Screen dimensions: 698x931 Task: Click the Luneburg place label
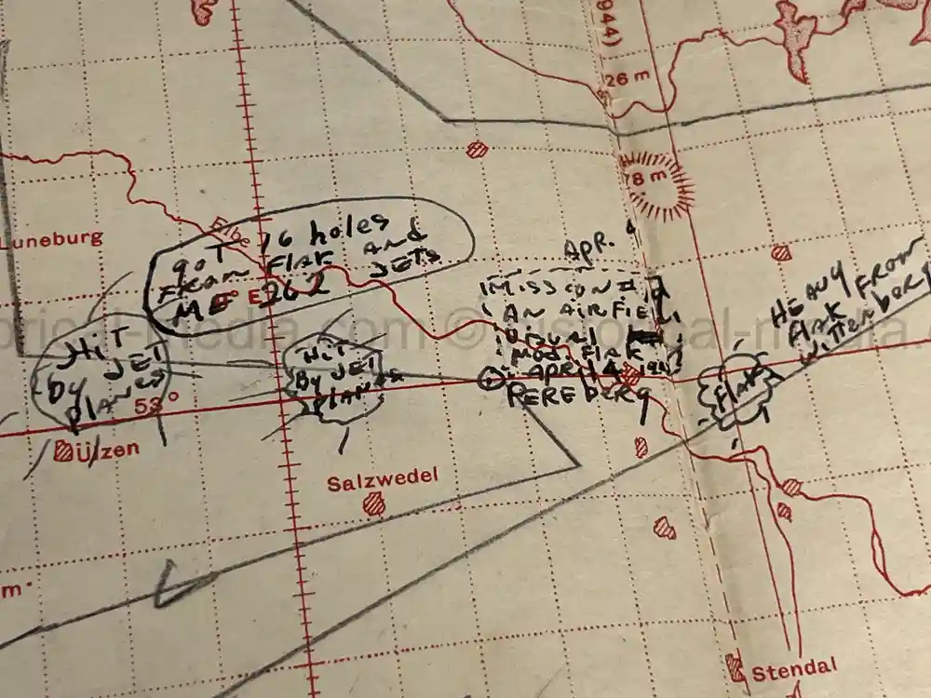point(52,238)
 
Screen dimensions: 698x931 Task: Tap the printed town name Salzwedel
point(382,482)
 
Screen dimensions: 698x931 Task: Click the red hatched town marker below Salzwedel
point(373,503)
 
